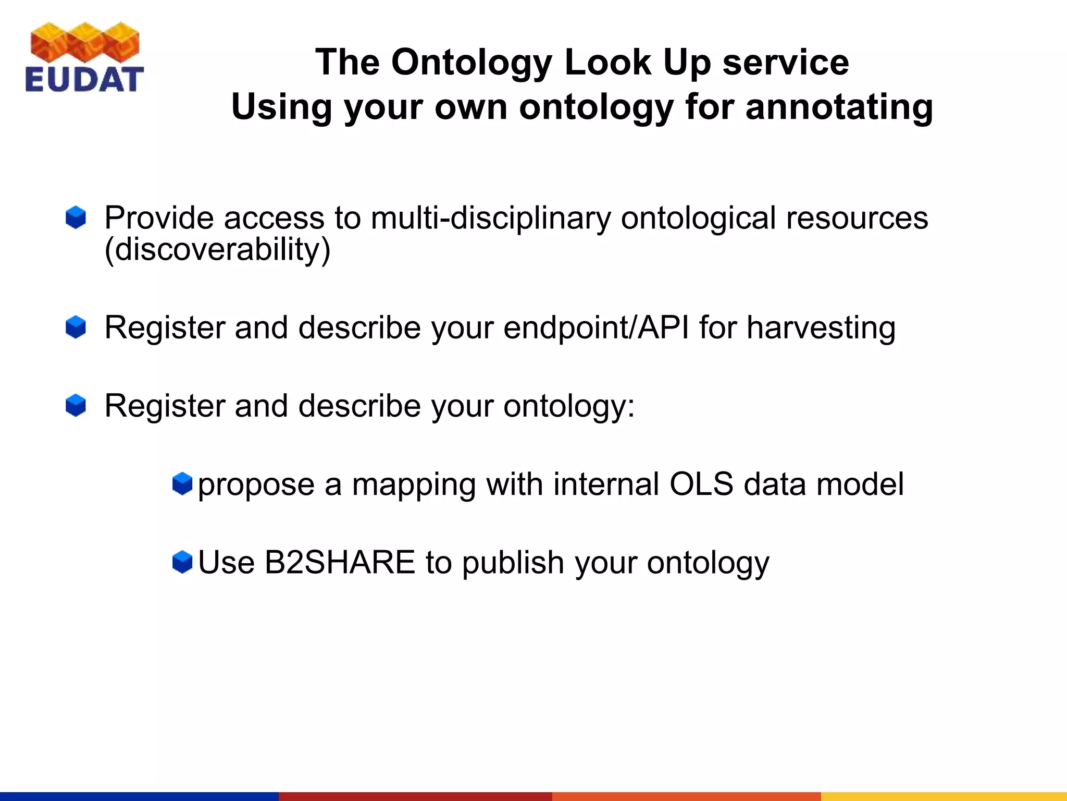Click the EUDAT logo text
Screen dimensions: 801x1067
(84, 80)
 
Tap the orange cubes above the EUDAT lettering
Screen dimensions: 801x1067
(85, 42)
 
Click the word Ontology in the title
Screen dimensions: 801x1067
(471, 63)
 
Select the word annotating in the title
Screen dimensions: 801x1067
(839, 107)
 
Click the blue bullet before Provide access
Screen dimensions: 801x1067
(76, 217)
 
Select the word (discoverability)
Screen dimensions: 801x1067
(217, 250)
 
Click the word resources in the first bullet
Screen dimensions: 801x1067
(857, 218)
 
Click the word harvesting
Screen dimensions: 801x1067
(821, 328)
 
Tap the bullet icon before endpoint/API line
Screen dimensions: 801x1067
(76, 327)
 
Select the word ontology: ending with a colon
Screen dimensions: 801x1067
(569, 406)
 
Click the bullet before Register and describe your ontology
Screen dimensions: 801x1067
(76, 405)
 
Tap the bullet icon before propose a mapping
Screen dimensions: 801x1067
(182, 483)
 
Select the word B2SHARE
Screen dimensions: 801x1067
(340, 563)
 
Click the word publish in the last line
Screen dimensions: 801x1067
(513, 563)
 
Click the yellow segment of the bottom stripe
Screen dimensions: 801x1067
(944, 796)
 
